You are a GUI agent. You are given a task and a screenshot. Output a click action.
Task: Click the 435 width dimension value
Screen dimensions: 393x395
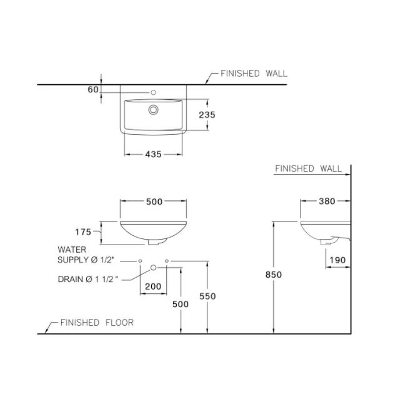pyautogui.click(x=153, y=154)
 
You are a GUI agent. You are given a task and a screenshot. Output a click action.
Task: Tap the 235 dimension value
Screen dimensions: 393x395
pyautogui.click(x=207, y=115)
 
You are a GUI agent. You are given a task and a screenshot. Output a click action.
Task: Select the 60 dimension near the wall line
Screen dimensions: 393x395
pyautogui.click(x=93, y=89)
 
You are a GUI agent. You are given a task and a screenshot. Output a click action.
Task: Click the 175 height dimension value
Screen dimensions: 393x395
pyautogui.click(x=83, y=232)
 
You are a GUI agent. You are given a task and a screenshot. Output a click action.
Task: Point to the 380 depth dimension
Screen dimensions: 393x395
pyautogui.click(x=327, y=201)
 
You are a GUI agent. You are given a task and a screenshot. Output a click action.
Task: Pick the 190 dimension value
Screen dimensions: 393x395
pyautogui.click(x=338, y=260)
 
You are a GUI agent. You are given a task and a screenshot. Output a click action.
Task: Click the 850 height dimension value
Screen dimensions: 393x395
pyautogui.click(x=274, y=275)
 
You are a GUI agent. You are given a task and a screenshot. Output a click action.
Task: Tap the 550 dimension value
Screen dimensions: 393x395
pyautogui.click(x=207, y=296)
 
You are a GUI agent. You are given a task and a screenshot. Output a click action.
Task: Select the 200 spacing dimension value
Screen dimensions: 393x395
pyautogui.click(x=153, y=286)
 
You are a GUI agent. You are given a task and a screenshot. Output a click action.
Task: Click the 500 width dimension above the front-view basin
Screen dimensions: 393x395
pyautogui.click(x=154, y=202)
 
